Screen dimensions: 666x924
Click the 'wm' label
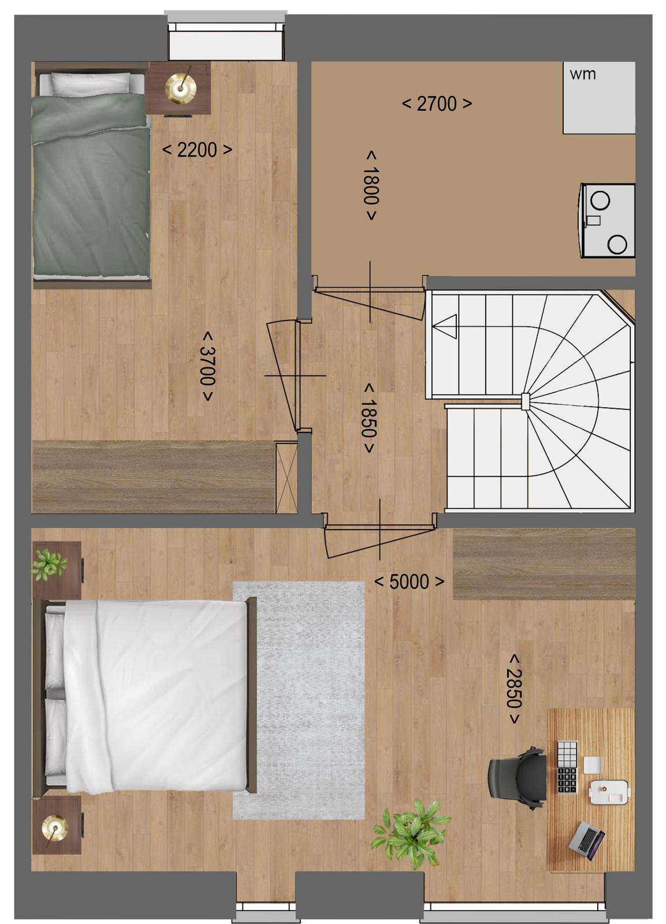click(x=582, y=74)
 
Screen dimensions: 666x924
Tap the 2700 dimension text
click(x=437, y=104)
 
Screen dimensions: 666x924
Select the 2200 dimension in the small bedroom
click(x=197, y=150)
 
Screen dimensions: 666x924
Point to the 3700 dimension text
click(x=207, y=366)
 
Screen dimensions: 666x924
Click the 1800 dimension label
click(x=371, y=185)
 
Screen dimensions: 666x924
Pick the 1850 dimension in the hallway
click(x=369, y=418)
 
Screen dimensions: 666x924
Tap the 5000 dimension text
click(x=410, y=582)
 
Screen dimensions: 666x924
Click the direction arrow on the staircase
click(x=445, y=326)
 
